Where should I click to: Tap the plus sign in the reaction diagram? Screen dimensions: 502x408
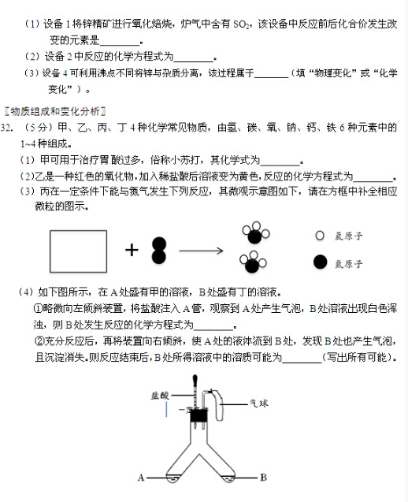point(131,250)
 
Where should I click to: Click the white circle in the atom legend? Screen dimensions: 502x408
point(320,236)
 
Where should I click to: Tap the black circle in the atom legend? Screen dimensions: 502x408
point(320,262)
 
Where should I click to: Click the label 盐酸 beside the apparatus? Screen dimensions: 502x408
point(160,396)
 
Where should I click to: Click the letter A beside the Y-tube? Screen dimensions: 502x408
point(141,477)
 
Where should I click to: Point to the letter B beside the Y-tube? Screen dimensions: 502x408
point(264,477)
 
